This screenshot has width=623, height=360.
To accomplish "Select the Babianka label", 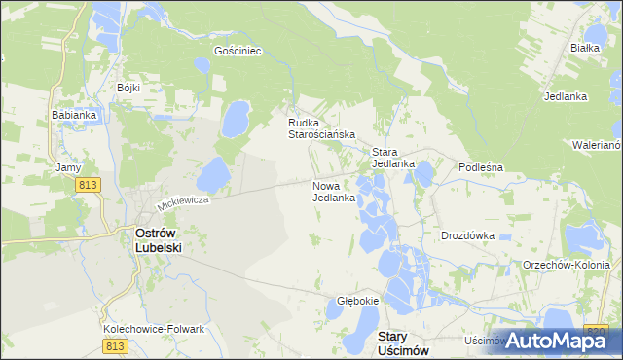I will click(x=74, y=115).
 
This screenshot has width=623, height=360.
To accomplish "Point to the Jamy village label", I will click(x=68, y=167).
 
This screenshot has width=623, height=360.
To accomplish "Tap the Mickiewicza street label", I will click(x=184, y=203).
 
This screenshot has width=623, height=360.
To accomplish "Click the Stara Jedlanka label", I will click(x=393, y=158).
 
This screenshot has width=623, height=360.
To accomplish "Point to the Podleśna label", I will click(x=480, y=167).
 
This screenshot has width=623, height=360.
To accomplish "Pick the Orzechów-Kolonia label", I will click(x=566, y=265).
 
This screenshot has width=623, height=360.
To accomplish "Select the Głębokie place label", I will click(x=357, y=301).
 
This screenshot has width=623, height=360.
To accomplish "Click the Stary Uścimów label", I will click(x=401, y=342).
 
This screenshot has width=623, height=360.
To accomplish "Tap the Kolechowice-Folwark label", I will click(x=154, y=329).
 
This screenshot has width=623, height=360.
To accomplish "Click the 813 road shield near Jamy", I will click(x=90, y=185).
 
